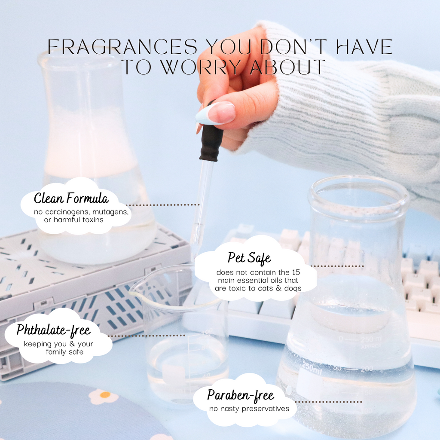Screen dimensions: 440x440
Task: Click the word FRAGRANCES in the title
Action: (122, 46)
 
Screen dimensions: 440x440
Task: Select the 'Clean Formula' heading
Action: (71, 198)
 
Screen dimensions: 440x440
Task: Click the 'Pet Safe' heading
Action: (249, 258)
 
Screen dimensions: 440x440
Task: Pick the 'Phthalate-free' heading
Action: (53, 330)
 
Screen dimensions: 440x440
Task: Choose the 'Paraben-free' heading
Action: (241, 395)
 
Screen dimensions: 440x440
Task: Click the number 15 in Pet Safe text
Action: (296, 272)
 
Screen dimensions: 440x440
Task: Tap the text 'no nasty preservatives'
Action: (249, 409)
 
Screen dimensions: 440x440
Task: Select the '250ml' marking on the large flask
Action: (312, 367)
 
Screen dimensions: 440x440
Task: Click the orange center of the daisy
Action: (105, 395)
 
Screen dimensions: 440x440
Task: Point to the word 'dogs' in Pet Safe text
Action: (293, 288)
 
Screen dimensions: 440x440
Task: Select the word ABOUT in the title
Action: (287, 67)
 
